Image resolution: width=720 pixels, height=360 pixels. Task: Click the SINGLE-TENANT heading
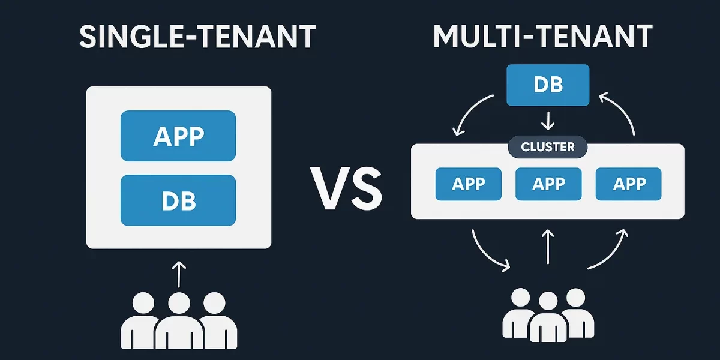click(x=197, y=37)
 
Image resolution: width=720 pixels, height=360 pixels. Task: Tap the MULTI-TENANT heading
click(x=542, y=37)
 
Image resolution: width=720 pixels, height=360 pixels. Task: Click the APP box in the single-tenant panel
click(x=178, y=136)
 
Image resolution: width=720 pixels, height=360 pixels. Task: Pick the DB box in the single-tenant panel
click(x=178, y=200)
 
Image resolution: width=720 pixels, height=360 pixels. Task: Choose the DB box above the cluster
click(x=548, y=85)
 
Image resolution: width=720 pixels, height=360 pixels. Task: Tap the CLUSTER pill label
click(x=548, y=146)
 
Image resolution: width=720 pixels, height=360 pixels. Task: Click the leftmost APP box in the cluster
click(x=468, y=184)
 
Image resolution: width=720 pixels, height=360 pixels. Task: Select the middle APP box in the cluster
click(x=548, y=184)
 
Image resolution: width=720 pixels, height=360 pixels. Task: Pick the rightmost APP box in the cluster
click(x=628, y=184)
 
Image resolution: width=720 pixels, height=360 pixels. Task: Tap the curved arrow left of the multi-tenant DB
click(x=471, y=112)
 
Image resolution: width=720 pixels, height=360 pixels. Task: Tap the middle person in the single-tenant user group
click(x=179, y=321)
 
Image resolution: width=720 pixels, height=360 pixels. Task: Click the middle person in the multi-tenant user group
click(x=548, y=318)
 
